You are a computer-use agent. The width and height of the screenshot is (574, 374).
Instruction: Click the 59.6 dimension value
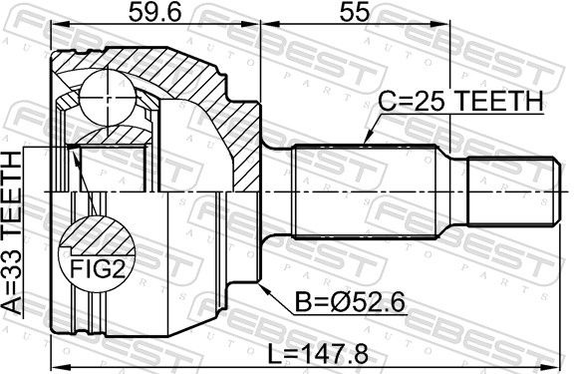click(x=154, y=14)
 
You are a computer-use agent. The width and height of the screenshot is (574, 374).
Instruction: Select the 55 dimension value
click(x=355, y=14)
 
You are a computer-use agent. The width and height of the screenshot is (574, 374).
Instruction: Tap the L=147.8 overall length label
click(x=318, y=354)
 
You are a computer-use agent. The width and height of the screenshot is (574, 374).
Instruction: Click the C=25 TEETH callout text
click(x=460, y=102)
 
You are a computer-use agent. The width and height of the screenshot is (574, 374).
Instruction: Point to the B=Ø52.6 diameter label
click(x=350, y=302)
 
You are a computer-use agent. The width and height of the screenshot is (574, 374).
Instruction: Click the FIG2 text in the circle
click(x=98, y=268)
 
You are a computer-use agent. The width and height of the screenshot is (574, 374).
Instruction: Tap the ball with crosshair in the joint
click(x=108, y=98)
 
